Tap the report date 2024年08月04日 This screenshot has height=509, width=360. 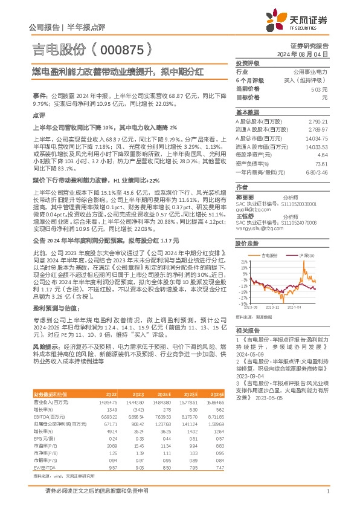pyautogui.click(x=310, y=54)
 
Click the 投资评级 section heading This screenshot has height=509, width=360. pyautogui.click(x=247, y=63)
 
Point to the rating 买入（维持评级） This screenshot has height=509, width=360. pyautogui.click(x=310, y=80)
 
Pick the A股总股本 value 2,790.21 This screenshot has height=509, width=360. pyautogui.click(x=318, y=122)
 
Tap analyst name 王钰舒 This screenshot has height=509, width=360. pyautogui.click(x=245, y=216)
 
